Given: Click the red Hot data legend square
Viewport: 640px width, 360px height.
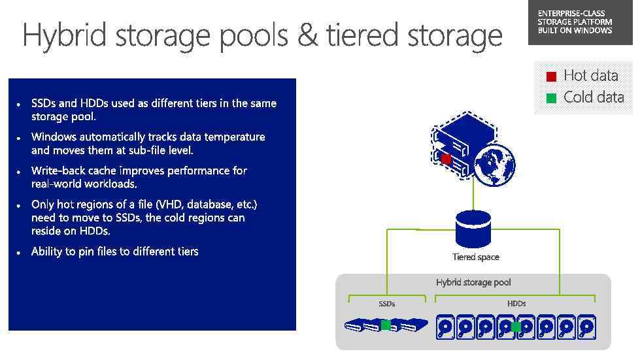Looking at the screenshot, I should (551, 77).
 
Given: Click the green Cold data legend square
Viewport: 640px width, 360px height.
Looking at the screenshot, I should (551, 99).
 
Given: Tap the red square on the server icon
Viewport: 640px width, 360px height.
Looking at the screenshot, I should (446, 159).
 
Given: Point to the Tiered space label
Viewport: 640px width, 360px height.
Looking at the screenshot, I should (475, 257).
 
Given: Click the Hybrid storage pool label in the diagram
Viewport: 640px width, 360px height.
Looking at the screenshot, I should (473, 282).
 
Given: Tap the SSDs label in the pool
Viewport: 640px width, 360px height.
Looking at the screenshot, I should (387, 304).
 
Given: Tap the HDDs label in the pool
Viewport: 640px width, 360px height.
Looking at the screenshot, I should (516, 304).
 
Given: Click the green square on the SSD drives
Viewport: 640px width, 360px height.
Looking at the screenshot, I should (386, 325).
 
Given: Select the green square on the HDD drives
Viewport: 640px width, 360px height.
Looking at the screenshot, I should (516, 327).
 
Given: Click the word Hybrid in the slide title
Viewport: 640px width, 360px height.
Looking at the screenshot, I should (63, 35).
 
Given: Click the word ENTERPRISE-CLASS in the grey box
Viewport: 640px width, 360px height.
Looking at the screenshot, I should (571, 14).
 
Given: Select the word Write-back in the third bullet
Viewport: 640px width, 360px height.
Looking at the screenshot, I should (58, 171).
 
